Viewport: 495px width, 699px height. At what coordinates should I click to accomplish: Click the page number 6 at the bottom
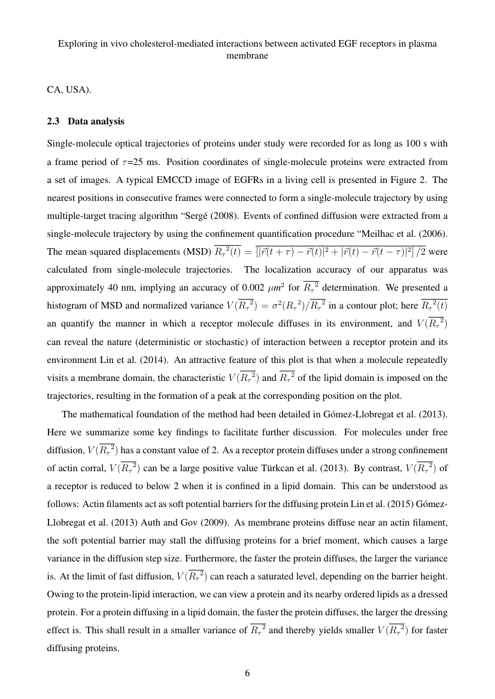coord(247,673)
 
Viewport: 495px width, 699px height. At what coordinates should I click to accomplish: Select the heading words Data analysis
coord(96,121)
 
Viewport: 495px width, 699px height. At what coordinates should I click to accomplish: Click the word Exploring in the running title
coord(76,44)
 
